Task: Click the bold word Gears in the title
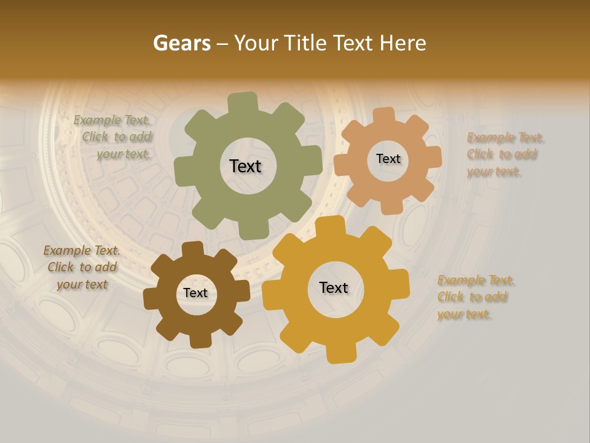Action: coord(181,43)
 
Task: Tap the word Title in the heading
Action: coord(307,43)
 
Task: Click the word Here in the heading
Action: coord(403,43)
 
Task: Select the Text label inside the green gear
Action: coord(245,166)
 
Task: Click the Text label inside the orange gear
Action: coord(388,159)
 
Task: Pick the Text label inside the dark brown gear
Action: coord(195,293)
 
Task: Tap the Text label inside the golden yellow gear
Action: coord(334,288)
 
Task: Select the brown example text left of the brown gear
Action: coord(82,268)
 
